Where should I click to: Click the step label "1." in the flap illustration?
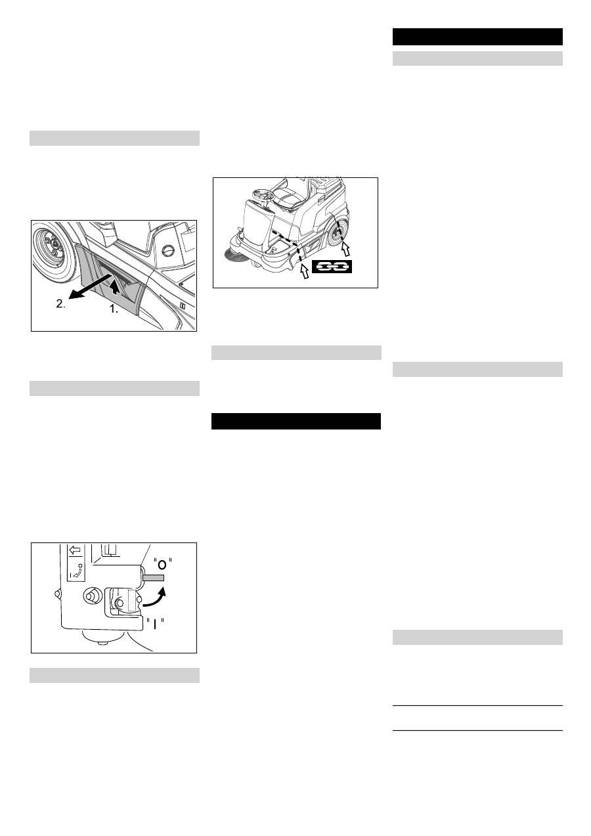click(113, 309)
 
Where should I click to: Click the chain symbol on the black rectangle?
click(332, 267)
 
